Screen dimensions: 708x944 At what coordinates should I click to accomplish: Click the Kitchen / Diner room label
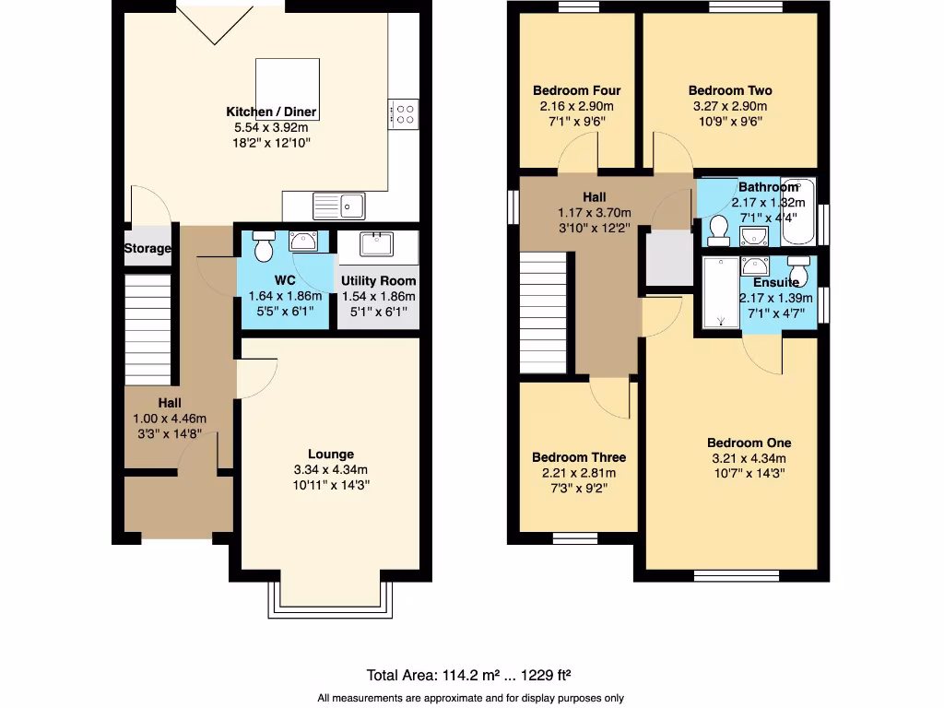coord(271,112)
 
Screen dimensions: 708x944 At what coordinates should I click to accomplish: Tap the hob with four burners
coord(403,113)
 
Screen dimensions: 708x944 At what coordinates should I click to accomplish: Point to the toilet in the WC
coord(263,246)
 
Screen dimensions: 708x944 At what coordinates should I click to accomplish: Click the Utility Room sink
coord(376,244)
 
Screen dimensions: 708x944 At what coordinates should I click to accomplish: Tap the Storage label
coord(147,249)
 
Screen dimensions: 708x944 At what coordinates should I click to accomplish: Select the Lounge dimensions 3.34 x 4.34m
coord(330,469)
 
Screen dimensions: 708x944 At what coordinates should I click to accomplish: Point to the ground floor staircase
coord(147,329)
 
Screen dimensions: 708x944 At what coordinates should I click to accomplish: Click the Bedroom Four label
coord(576,90)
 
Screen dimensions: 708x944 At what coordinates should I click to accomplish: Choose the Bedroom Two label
coord(730,90)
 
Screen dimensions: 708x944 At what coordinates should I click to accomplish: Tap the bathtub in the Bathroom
coord(797,210)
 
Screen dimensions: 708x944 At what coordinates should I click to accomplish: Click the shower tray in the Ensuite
coord(720,292)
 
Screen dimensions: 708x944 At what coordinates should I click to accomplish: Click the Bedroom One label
coord(749,442)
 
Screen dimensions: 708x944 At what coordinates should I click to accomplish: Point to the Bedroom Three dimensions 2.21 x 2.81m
coord(578,473)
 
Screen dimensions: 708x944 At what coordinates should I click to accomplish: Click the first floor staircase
coord(543,313)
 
